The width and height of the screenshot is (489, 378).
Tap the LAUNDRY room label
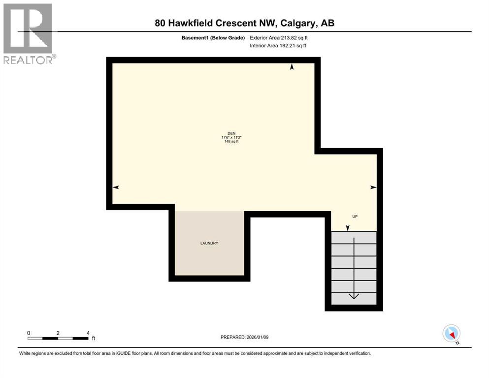(x=209, y=244)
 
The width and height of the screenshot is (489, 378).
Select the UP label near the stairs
(x=354, y=217)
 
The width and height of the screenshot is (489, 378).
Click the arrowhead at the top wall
(x=292, y=67)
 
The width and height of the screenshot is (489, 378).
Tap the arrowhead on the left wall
(x=116, y=187)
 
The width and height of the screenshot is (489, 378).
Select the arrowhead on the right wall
(x=373, y=187)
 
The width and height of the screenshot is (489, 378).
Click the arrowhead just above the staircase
(x=348, y=228)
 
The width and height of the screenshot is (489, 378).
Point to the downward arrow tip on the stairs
(x=354, y=297)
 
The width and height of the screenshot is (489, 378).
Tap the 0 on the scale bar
(x=29, y=333)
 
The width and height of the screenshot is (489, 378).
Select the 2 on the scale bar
(x=58, y=333)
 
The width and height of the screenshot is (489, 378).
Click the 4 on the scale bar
(x=88, y=333)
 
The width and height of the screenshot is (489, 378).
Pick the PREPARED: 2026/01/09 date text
(x=244, y=337)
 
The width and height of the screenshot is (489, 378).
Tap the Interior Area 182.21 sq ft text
(x=278, y=46)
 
